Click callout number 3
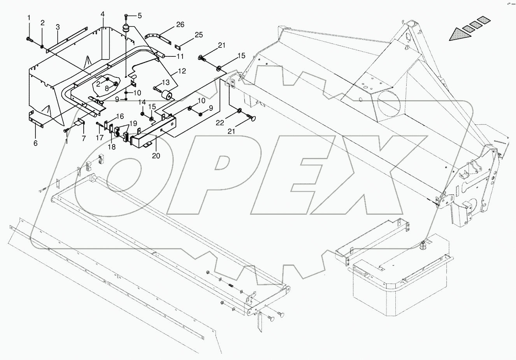pos(58,27)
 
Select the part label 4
pos(102,14)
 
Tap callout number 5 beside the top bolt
pos(140,16)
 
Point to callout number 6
pos(35,143)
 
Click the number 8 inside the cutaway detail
pos(107,89)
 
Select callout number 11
pos(180,56)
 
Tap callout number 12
pos(182,71)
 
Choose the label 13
pos(166,82)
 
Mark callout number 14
pos(142,102)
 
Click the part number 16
pos(119,116)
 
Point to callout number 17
pos(100,137)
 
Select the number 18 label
pos(112,147)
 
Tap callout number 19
pos(133,124)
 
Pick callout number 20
pos(156,156)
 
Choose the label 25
pos(198,35)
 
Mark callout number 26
pos(180,25)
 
